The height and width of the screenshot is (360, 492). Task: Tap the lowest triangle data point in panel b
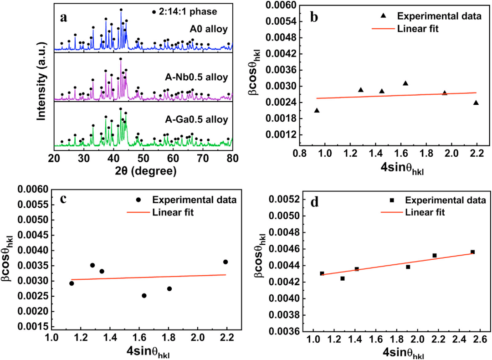(x=317, y=111)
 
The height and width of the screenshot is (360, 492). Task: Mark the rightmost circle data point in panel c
(x=225, y=262)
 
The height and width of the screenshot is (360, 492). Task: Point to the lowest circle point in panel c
(x=144, y=295)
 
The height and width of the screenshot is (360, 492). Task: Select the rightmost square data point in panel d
(x=472, y=252)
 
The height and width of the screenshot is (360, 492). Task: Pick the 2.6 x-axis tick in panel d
(x=480, y=340)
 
